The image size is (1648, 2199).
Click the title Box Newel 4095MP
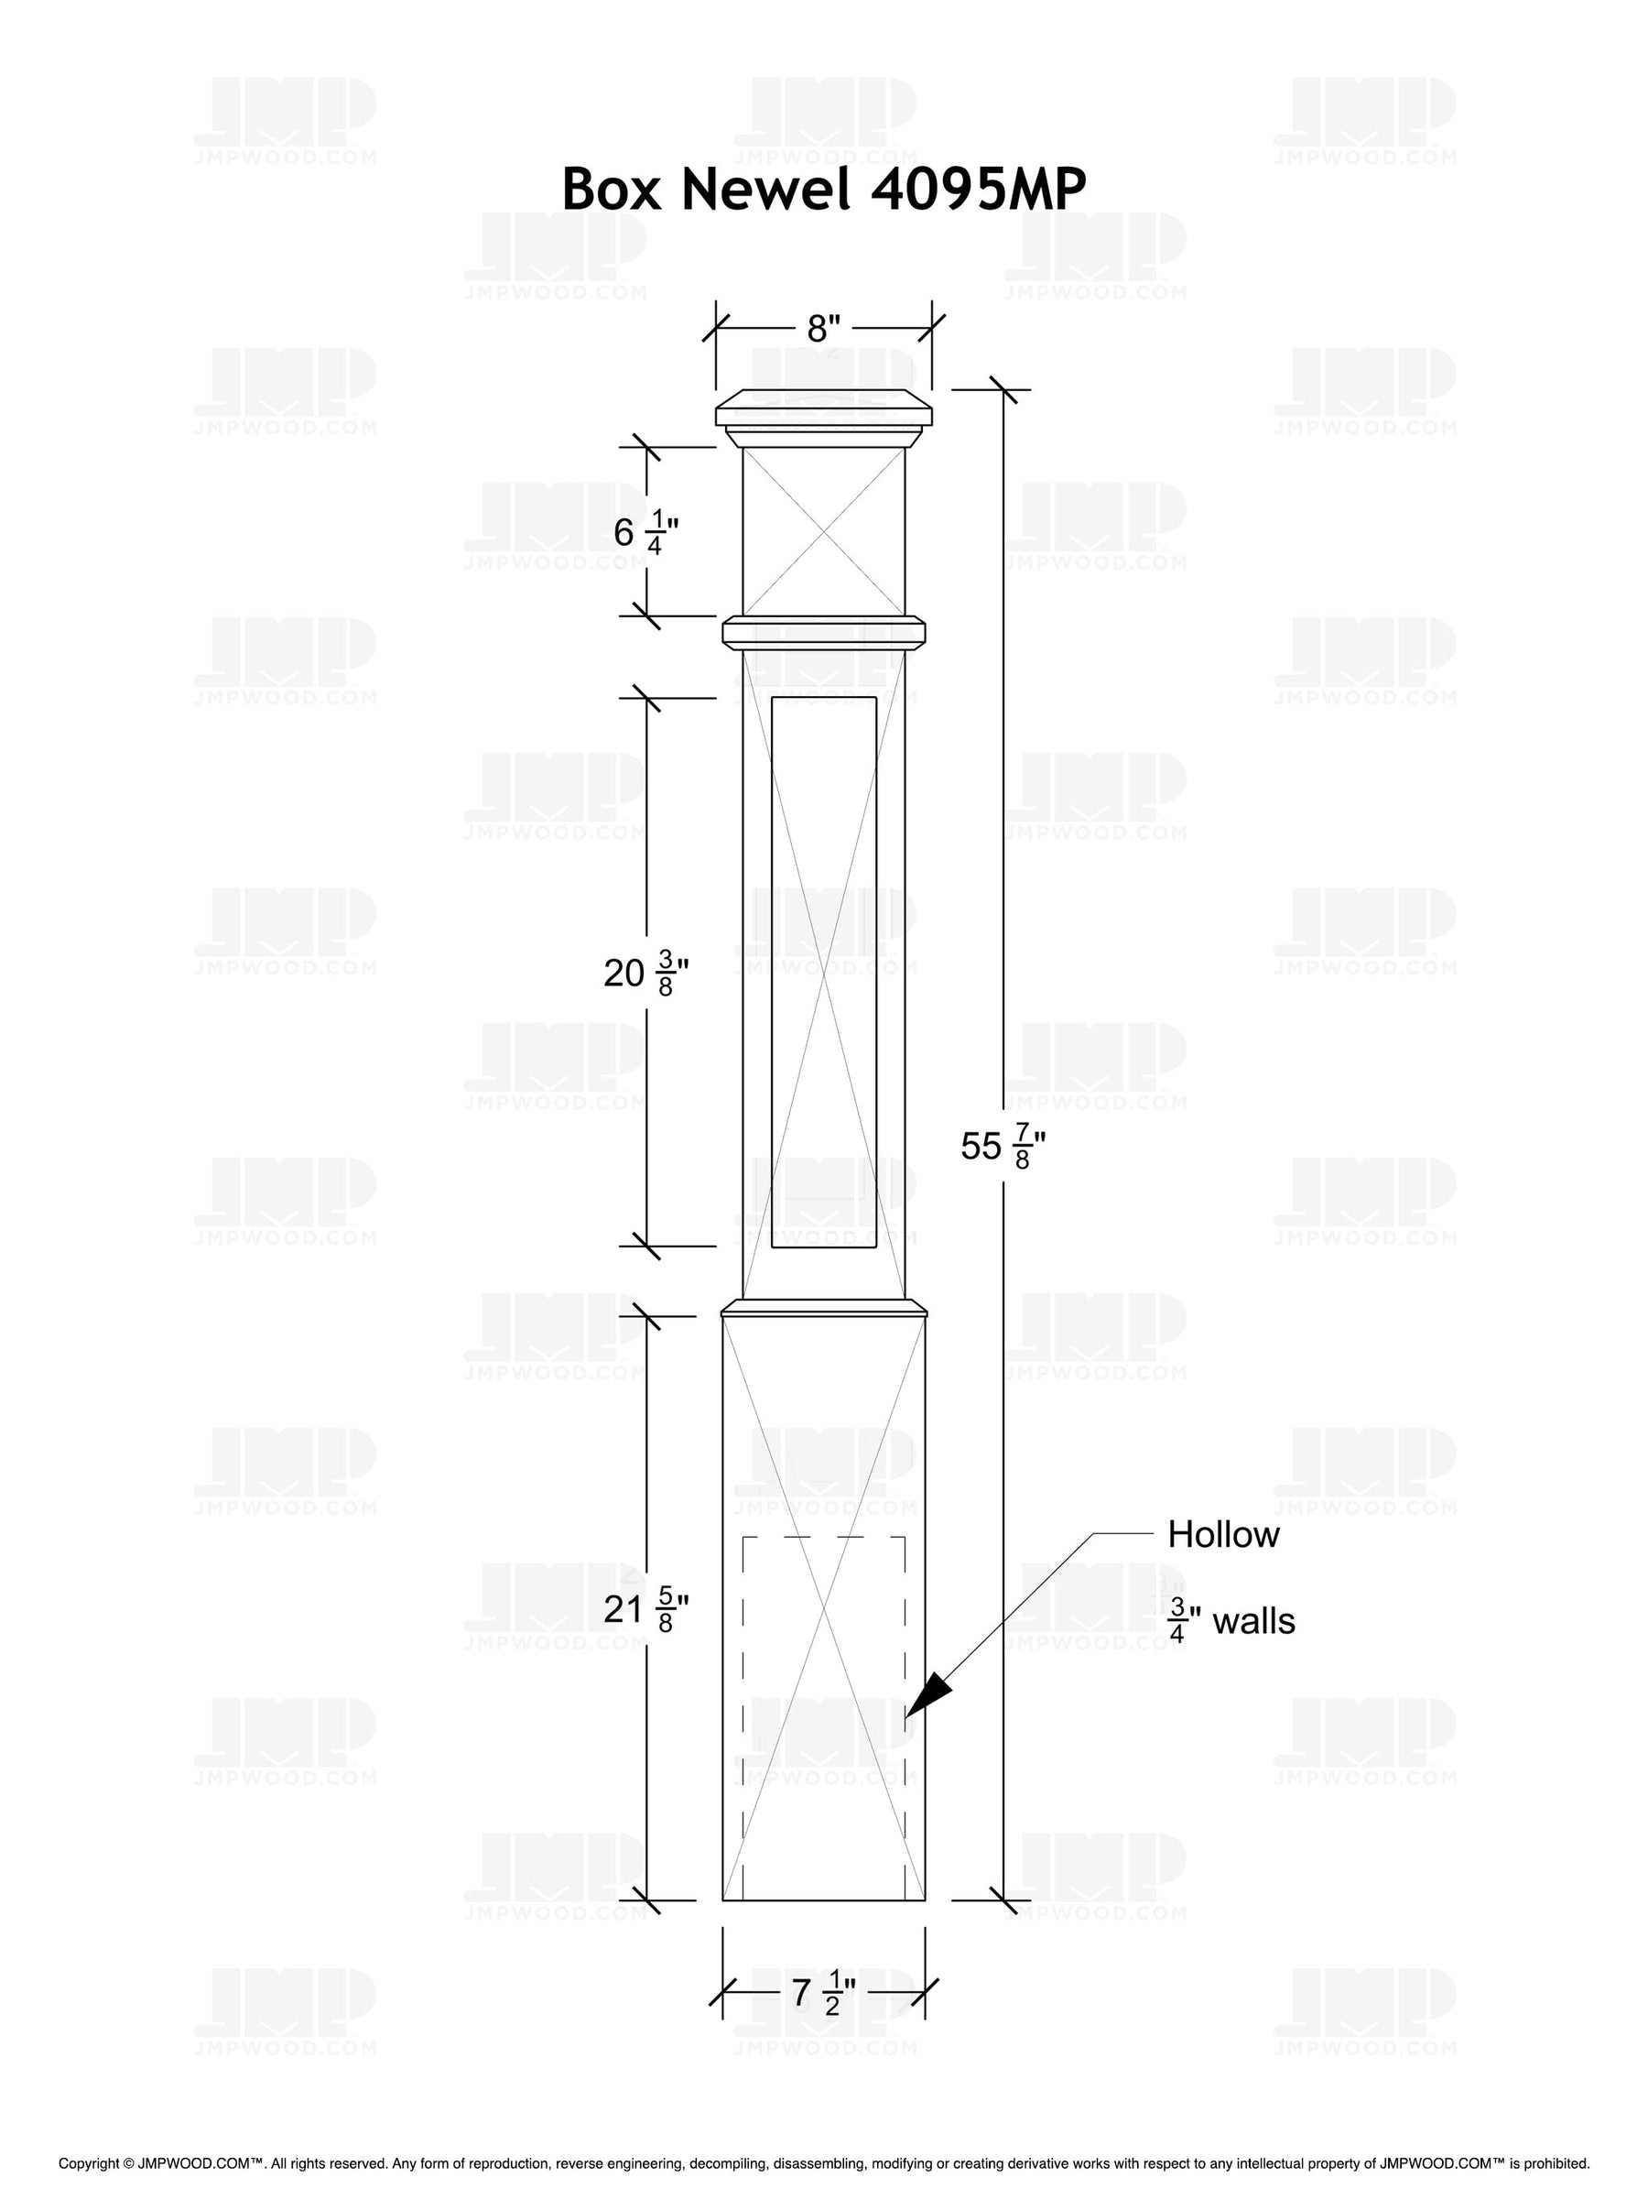pos(823,188)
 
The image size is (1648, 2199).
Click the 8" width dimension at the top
pos(823,327)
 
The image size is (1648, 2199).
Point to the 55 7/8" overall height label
pos(1002,1147)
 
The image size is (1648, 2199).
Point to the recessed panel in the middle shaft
pos(823,971)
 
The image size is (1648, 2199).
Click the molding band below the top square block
pos(823,632)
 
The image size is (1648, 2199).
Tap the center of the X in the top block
pos(824,531)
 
